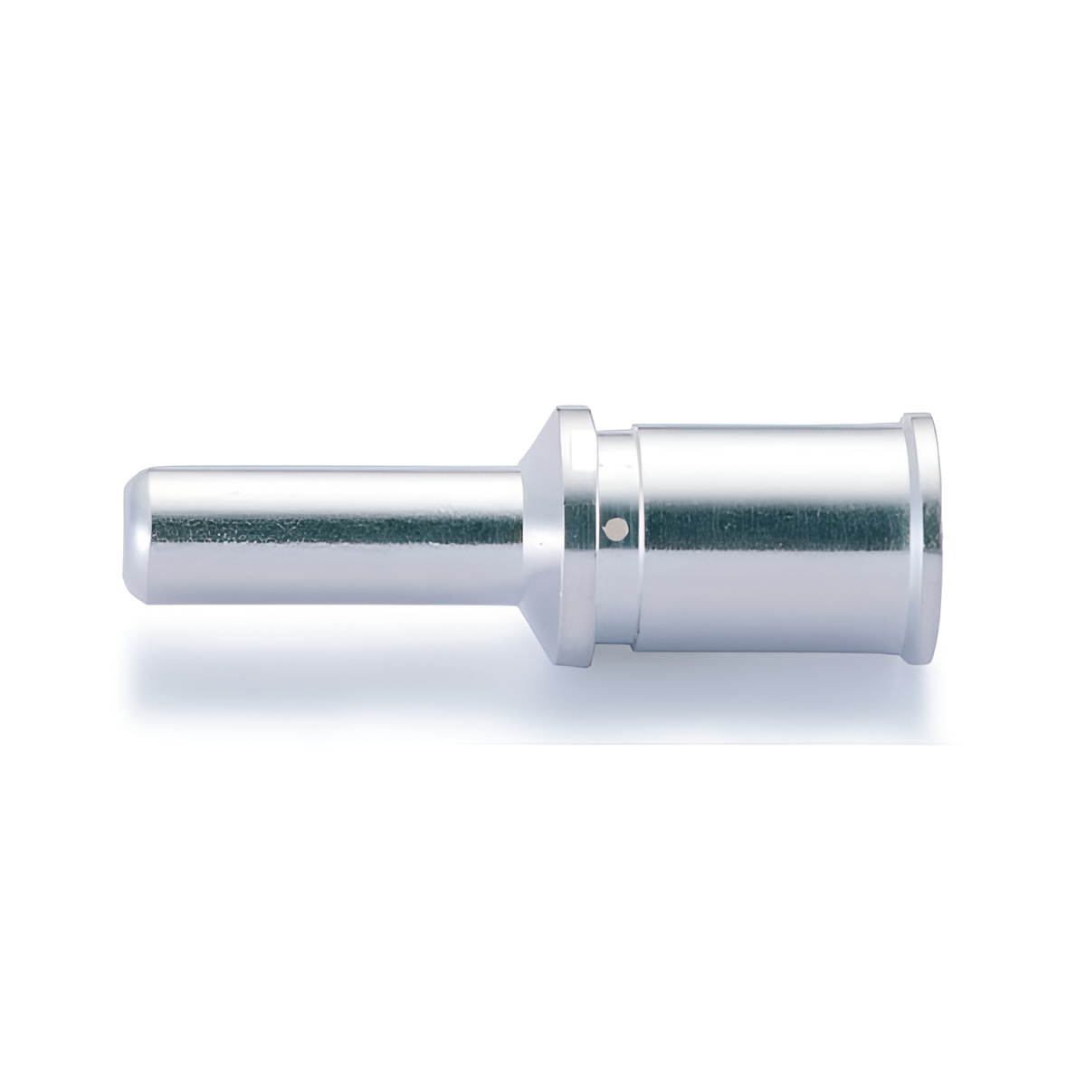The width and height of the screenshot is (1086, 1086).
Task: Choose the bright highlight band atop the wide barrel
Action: point(769,452)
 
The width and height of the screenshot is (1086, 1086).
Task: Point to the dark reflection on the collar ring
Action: point(579,525)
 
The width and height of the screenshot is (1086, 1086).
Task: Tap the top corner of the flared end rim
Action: point(918,416)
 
